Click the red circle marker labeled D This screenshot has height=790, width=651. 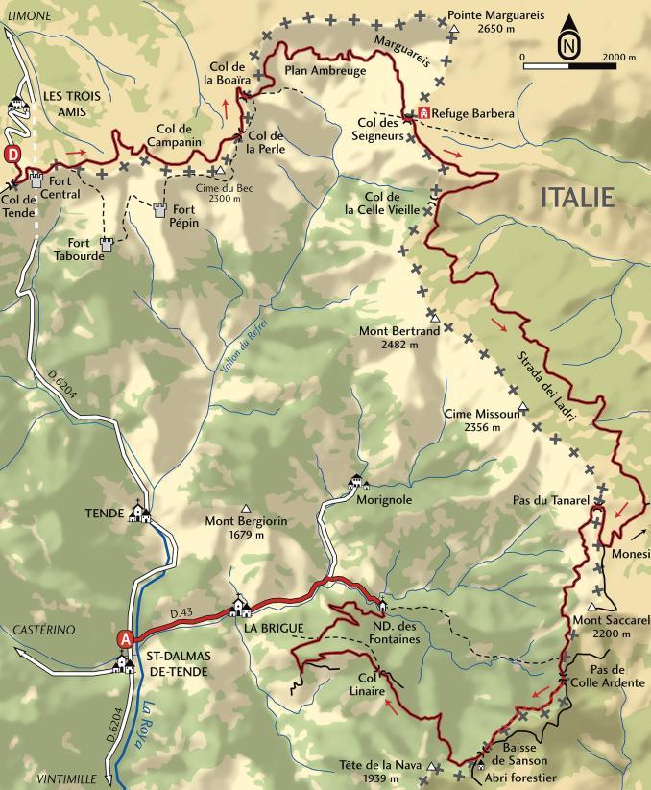(12, 154)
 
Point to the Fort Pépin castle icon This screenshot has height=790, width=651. (160, 210)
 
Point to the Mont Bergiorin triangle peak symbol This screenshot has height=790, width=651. (247, 509)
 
